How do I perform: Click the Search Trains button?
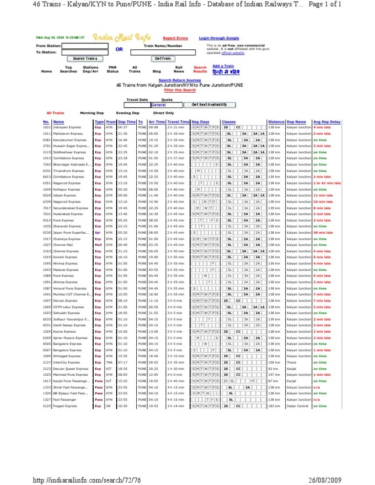pyautogui.click(x=85, y=59)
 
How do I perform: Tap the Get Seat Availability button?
pyautogui.click(x=210, y=105)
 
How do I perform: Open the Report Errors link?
pyautogui.click(x=175, y=38)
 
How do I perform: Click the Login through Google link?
pyautogui.click(x=219, y=38)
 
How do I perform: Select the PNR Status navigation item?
pyautogui.click(x=112, y=69)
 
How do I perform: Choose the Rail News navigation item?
pyautogui.click(x=179, y=69)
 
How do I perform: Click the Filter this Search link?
pyautogui.click(x=180, y=90)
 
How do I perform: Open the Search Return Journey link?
pyautogui.click(x=180, y=80)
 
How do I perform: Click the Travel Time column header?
pyautogui.click(x=178, y=121)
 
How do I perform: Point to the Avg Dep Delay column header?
pyautogui.click(x=327, y=121)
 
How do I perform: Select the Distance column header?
pyautogui.click(x=276, y=121)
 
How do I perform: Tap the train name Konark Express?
pyautogui.click(x=66, y=257)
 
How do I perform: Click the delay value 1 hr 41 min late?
pyautogui.click(x=327, y=183)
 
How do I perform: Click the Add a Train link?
pyautogui.click(x=223, y=66)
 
